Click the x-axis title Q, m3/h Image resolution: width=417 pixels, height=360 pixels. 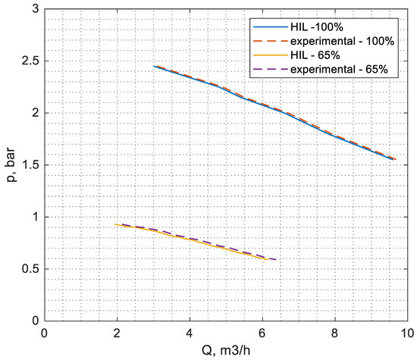pyautogui.click(x=226, y=350)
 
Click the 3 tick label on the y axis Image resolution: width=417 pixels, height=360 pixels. pyautogui.click(x=36, y=8)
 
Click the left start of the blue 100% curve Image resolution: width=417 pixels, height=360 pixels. pyautogui.click(x=154, y=66)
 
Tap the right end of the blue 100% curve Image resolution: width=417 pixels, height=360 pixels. pyautogui.click(x=394, y=160)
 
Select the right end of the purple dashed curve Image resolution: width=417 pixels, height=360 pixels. pyautogui.click(x=276, y=260)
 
